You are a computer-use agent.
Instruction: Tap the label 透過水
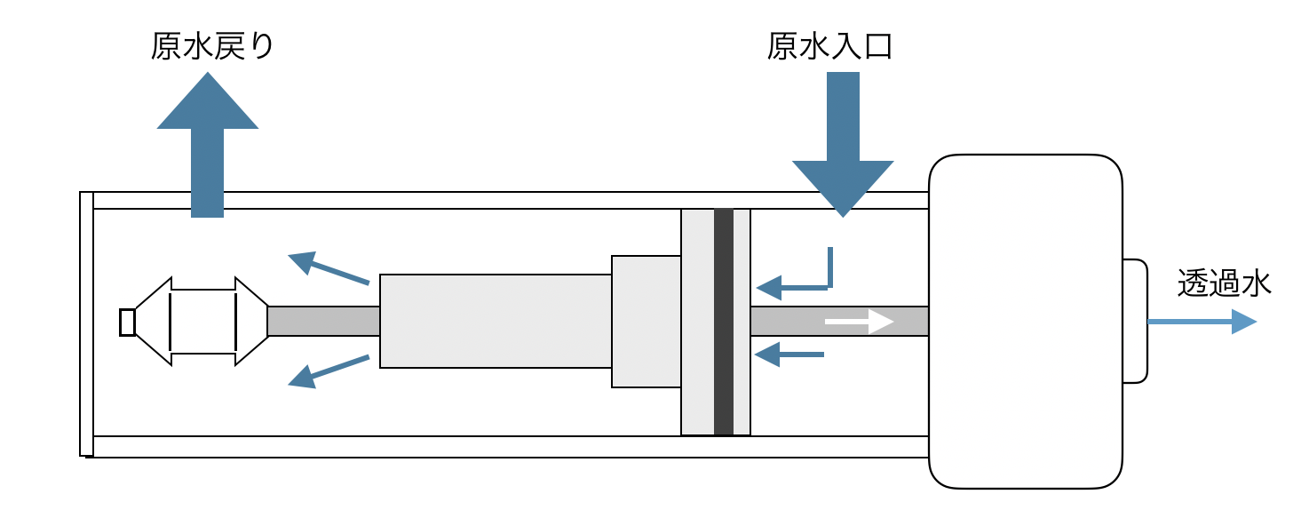1224,283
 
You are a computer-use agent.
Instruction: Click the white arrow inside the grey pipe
859,322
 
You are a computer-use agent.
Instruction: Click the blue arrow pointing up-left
329,268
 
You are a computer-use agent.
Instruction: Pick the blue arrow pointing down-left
329,371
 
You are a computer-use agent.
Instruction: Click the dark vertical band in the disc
724,322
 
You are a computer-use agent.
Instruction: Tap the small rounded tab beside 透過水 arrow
1134,322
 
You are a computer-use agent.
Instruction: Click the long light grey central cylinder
496,322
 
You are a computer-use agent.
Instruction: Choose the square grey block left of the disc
646,322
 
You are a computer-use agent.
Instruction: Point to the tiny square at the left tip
127,322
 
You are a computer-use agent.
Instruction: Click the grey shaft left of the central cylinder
323,322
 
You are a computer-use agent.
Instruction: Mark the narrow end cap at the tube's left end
86,323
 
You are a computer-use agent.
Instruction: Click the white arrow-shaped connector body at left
202,322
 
